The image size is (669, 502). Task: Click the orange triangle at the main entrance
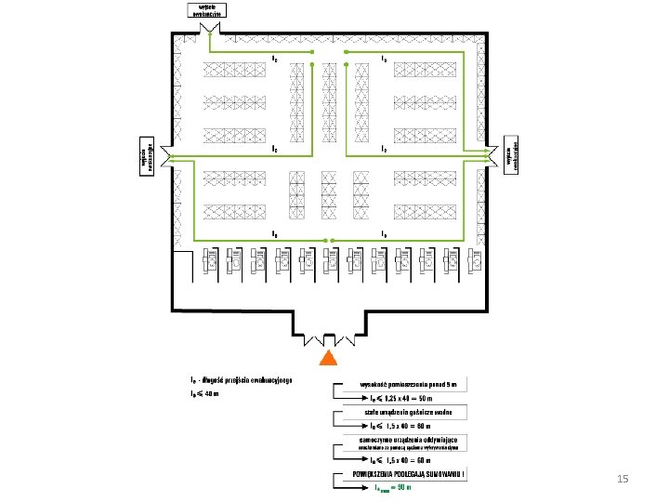[x=328, y=359]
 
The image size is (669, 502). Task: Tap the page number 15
[x=623, y=479]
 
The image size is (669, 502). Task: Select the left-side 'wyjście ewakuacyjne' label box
[x=145, y=159]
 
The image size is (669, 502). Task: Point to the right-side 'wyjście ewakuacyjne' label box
[x=510, y=152]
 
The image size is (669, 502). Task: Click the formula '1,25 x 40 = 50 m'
[x=406, y=397]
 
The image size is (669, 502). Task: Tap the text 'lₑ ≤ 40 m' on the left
[x=203, y=393]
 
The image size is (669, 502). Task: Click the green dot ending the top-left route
[x=312, y=53]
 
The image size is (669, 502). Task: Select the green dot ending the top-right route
[x=346, y=53]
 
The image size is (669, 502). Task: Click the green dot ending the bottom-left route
[x=324, y=240]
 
